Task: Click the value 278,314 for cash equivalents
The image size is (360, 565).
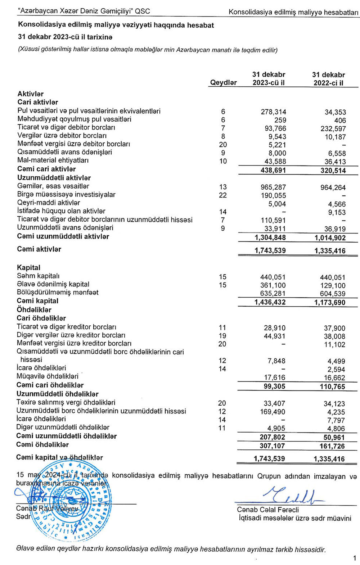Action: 273,112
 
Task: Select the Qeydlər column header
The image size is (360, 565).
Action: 223,83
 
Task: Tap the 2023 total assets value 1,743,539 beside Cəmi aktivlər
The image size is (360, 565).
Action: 270,251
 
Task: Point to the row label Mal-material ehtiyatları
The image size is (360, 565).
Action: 53,161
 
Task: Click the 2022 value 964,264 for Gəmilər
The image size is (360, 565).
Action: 333,187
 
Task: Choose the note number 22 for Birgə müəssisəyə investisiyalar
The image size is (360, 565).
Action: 223,195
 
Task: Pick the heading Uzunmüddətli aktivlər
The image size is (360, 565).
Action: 54,178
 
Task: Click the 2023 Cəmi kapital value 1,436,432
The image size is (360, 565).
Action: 270,302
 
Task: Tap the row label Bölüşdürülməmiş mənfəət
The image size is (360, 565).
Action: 58,293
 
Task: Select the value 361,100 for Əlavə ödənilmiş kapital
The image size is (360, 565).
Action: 273,285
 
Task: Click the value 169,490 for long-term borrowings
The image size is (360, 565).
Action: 273,412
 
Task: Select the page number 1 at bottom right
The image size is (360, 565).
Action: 355,558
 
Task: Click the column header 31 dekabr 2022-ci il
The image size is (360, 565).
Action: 328,79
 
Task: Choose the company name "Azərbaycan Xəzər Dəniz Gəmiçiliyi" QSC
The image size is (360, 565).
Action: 84,11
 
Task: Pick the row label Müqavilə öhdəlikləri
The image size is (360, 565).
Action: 48,376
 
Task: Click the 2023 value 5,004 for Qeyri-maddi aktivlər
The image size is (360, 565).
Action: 277,204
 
